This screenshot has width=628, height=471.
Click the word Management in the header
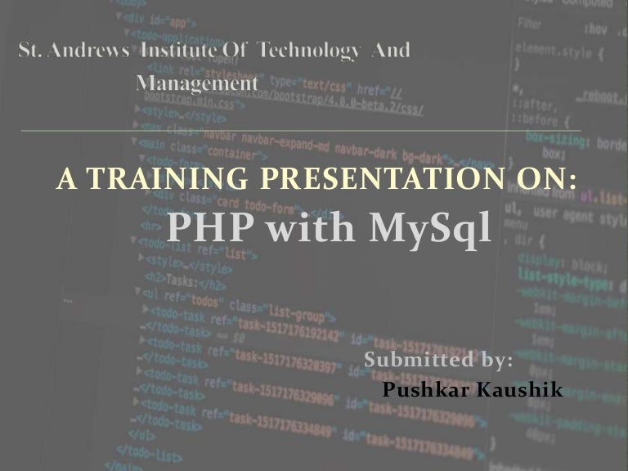click(x=197, y=83)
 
